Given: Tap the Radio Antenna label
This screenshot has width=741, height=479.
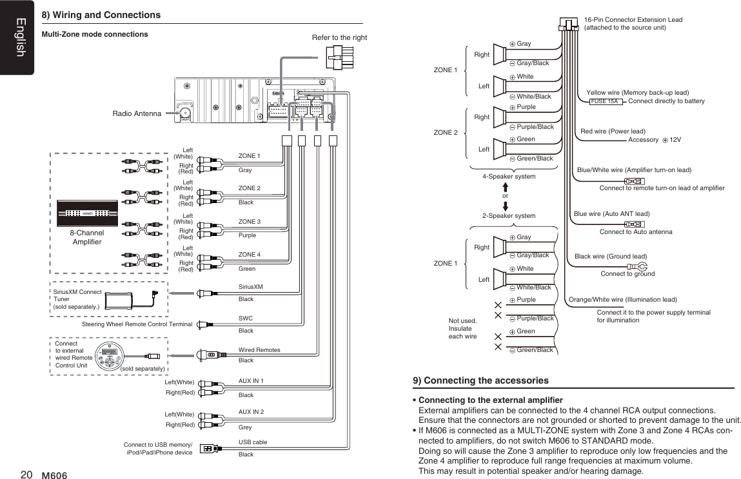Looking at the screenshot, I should click(137, 114).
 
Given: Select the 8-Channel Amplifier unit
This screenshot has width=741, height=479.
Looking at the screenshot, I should click(87, 213).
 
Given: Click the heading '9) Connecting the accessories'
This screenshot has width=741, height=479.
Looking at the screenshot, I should click(480, 380).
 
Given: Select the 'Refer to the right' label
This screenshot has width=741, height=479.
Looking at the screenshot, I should click(339, 37).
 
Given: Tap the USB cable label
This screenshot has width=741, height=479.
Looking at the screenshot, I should click(252, 442).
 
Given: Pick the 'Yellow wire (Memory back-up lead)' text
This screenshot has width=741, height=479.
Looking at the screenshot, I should click(637, 93).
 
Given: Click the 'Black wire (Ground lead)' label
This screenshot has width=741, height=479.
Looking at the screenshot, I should click(610, 256).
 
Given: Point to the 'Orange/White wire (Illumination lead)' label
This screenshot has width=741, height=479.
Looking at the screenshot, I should click(622, 300).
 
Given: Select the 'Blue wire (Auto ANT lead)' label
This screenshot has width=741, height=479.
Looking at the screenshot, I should click(611, 213).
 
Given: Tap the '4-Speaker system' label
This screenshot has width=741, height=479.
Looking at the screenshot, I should click(509, 176).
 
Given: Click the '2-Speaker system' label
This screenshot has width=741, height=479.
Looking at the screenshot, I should click(509, 216).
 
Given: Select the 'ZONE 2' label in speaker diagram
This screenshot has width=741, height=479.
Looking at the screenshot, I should click(446, 133).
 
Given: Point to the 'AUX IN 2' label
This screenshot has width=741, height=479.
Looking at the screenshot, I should click(251, 411).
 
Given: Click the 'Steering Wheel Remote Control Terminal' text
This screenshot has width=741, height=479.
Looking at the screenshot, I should click(137, 324).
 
